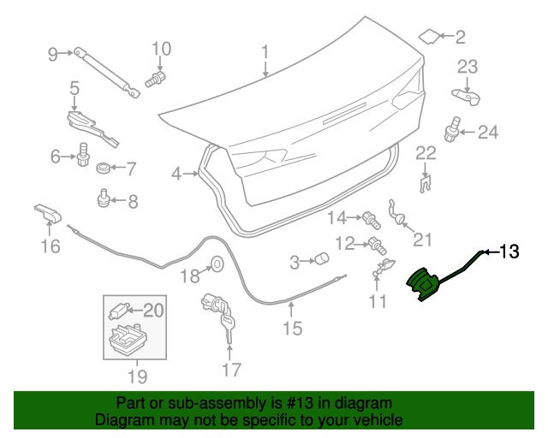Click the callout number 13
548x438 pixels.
pyautogui.click(x=509, y=252)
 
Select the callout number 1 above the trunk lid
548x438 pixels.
pyautogui.click(x=265, y=50)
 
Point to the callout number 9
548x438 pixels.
pyautogui.click(x=53, y=55)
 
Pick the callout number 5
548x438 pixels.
pyautogui.click(x=74, y=87)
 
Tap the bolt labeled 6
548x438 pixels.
pyautogui.click(x=84, y=156)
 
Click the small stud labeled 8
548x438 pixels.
pyautogui.click(x=103, y=200)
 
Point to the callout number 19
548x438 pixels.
pyautogui.click(x=137, y=376)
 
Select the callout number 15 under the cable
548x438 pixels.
pyautogui.click(x=292, y=328)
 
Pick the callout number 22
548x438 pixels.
pyautogui.click(x=426, y=154)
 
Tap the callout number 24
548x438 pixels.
pyautogui.click(x=487, y=132)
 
